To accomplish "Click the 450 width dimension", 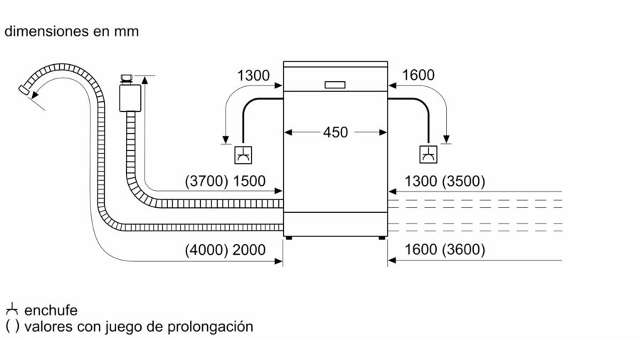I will click(x=335, y=132).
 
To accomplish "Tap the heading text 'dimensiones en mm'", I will click(x=72, y=31).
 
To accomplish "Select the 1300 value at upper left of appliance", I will click(x=253, y=76).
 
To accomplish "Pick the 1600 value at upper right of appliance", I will click(x=418, y=75).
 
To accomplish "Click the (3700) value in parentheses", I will click(x=206, y=181).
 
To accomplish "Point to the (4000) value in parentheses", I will click(x=206, y=250).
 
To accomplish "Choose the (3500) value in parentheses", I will click(x=463, y=181).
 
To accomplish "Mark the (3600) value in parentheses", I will click(x=463, y=250).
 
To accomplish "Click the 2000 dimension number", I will click(x=249, y=250).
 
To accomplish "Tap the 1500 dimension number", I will click(x=249, y=181).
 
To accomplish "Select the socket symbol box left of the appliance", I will click(x=243, y=155).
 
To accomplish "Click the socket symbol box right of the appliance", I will click(x=428, y=155).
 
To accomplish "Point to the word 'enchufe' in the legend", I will click(x=51, y=310).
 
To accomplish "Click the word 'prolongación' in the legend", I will click(x=210, y=326).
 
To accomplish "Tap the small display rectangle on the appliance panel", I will click(x=335, y=85).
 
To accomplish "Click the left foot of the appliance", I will click(x=289, y=238).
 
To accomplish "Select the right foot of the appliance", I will click(x=382, y=238).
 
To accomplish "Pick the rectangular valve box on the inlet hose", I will click(x=130, y=98).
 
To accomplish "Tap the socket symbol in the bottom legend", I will click(x=12, y=310).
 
